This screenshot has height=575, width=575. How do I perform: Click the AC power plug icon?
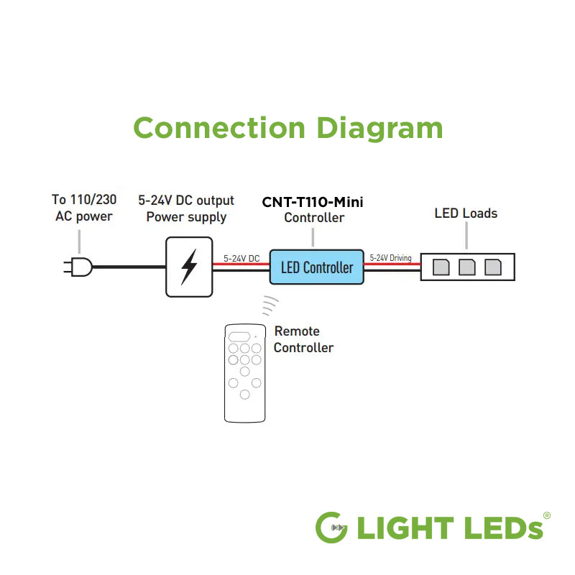pos(78,267)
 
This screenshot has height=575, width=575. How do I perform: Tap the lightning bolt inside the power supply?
pos(189,267)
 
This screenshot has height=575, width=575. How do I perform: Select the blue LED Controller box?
pos(316,267)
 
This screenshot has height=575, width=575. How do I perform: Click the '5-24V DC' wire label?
pos(241,258)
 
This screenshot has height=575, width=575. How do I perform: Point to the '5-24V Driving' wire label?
pos(390,258)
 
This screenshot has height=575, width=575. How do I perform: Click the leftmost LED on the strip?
pos(441,267)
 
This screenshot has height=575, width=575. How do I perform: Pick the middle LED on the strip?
pos(467,267)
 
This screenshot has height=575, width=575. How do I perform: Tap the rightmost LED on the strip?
pos(493,267)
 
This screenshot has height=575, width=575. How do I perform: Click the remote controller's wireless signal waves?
pos(269,305)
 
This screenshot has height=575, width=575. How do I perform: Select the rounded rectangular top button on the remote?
pos(239,336)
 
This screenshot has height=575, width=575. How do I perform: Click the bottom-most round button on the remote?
pos(245,395)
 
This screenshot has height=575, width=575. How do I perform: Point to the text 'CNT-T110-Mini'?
pos(313,202)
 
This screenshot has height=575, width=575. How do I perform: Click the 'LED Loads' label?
pos(466,213)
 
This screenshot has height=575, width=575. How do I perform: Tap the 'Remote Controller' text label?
pos(303,340)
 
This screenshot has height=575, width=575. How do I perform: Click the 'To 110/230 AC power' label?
pos(84,208)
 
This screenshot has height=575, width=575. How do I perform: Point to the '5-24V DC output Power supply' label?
pos(186,208)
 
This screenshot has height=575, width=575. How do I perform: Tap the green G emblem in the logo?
pos(333,528)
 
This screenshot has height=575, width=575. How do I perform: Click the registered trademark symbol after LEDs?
pos(547,516)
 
